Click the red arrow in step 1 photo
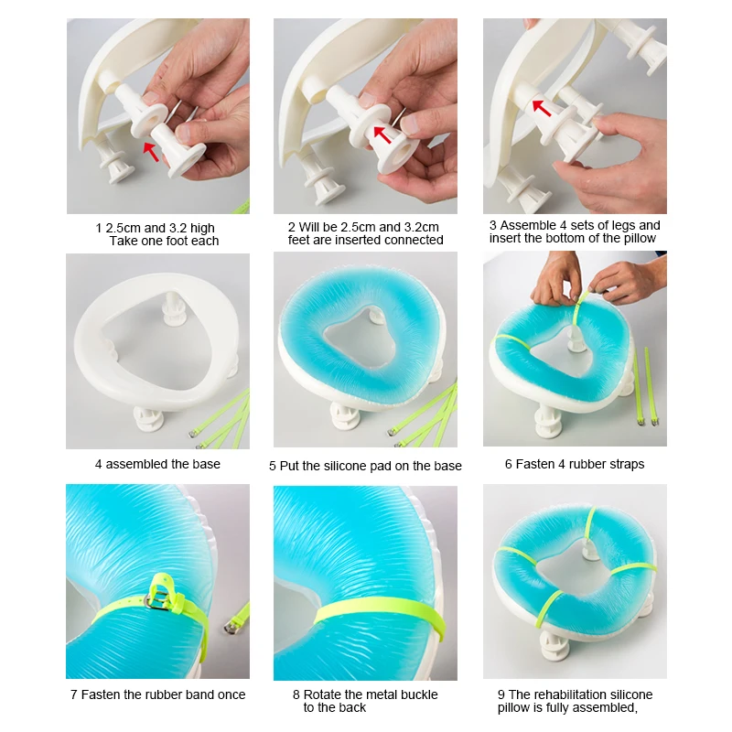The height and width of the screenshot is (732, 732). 151,152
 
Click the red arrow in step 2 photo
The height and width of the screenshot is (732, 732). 382,135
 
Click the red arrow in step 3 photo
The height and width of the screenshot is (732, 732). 542,108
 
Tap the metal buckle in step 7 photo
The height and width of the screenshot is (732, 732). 157,598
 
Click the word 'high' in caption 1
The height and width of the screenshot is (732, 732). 202,228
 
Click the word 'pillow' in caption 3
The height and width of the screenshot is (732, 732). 640,239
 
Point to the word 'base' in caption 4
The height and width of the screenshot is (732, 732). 206,464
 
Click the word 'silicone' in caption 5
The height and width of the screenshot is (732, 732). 344,466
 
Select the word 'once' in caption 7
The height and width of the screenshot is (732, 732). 231,694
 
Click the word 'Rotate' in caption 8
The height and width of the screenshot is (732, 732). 322,694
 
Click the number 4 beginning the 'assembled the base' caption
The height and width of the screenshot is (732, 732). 99,464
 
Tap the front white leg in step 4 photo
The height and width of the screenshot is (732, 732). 149,418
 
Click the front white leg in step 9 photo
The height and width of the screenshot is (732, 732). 554,647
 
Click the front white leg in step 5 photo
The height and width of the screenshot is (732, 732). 347,416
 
